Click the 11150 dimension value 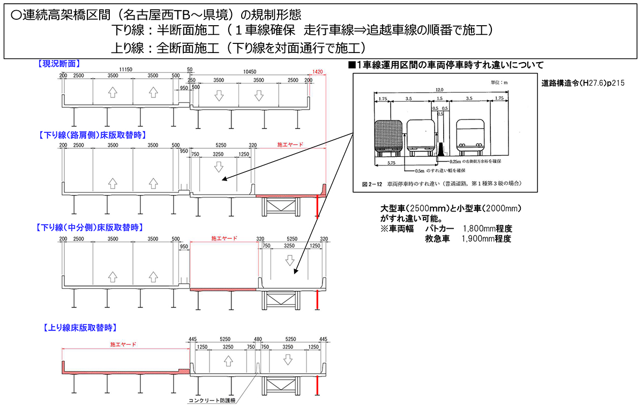click(x=126, y=70)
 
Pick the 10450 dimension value click(x=249, y=70)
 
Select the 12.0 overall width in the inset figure click(x=439, y=90)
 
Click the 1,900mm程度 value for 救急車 click(x=486, y=239)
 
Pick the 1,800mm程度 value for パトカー click(x=487, y=229)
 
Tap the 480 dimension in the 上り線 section click(x=258, y=339)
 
